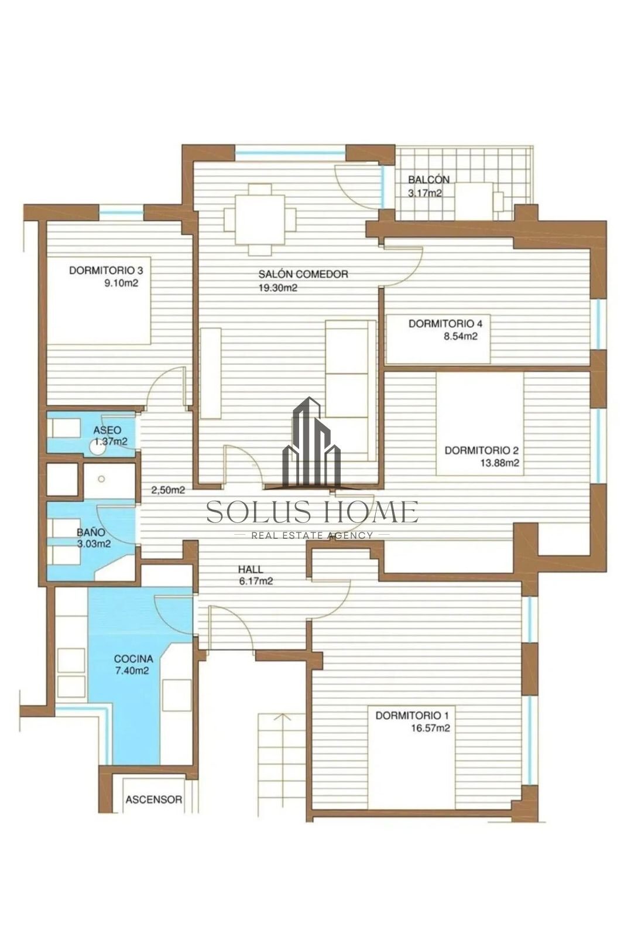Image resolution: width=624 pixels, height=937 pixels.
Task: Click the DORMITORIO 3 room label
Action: (x=106, y=270)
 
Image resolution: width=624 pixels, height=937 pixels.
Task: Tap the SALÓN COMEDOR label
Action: (x=303, y=275)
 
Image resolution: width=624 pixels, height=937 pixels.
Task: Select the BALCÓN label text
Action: (x=428, y=180)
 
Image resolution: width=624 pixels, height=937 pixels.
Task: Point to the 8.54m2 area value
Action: (x=461, y=336)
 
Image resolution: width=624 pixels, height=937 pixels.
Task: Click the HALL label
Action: (x=251, y=569)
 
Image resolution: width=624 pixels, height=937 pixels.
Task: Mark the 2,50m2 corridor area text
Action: (x=168, y=490)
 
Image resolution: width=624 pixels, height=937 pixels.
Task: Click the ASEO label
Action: (x=107, y=430)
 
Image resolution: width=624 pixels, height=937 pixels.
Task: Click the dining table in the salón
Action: (x=260, y=220)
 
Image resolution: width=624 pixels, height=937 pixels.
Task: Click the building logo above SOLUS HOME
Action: (x=311, y=443)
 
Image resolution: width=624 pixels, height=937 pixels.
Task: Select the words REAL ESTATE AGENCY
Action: (x=312, y=535)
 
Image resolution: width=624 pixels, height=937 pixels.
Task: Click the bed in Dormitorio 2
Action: (x=480, y=424)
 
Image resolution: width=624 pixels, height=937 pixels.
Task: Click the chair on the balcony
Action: (x=499, y=202)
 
